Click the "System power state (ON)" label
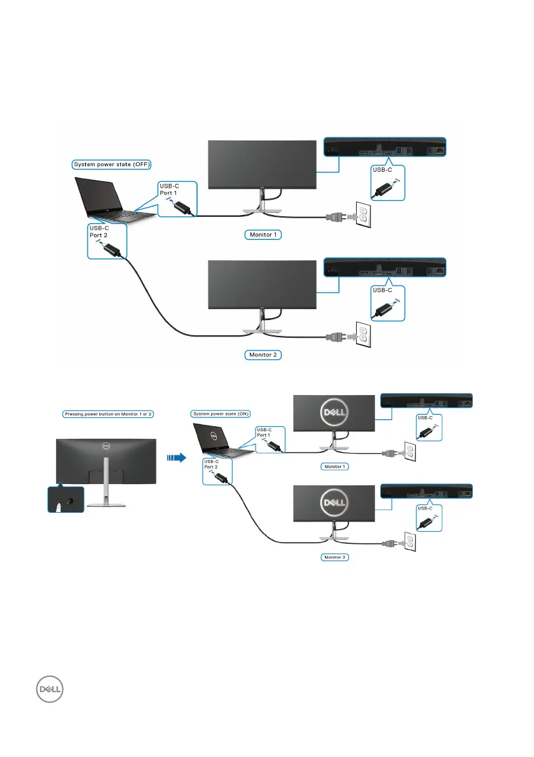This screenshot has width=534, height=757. coord(217,413)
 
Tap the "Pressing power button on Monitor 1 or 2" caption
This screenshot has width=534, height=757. coord(109,413)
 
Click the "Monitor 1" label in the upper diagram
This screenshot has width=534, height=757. coord(263,234)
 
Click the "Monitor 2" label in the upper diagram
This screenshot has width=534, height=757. coord(263,355)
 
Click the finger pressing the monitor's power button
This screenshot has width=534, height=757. coord(58,506)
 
